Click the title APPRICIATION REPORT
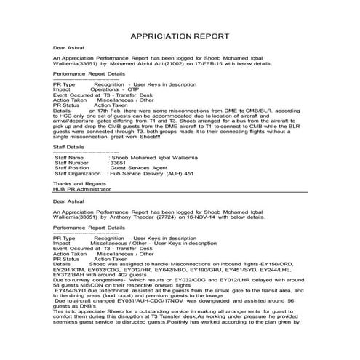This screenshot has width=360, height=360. pos(180,36)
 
